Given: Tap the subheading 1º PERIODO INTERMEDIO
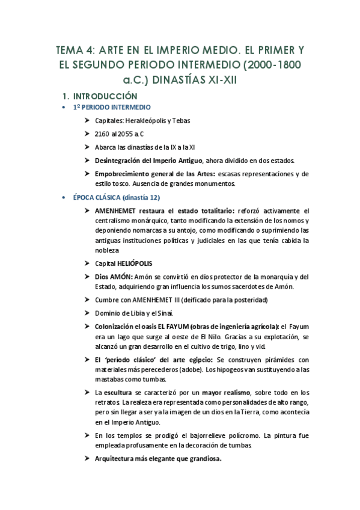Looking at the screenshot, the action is (x=111, y=107).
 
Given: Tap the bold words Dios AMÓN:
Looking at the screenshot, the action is (x=114, y=277).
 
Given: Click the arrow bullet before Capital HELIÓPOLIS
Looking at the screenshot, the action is (x=88, y=263).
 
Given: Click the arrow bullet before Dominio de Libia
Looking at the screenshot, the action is (x=88, y=313).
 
